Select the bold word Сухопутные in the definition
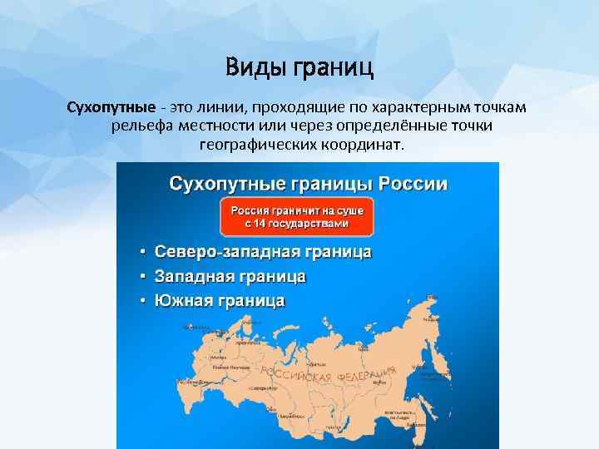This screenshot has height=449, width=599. (111, 109)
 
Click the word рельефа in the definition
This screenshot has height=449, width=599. (138, 126)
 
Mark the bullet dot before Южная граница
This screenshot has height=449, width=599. (143, 300)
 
